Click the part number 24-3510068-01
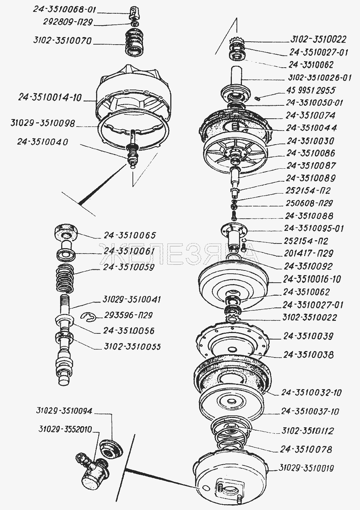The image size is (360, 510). click(65, 10)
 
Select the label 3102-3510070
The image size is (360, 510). click(62, 41)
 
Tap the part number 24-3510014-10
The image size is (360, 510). click(50, 97)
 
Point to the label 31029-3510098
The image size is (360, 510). click(42, 123)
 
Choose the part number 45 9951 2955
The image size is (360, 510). click(311, 90)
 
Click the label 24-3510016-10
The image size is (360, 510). click(312, 279)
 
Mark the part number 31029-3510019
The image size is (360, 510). click(306, 468)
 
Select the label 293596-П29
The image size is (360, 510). click(128, 315)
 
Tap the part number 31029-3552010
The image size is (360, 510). click(65, 429)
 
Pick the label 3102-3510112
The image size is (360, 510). click(307, 431)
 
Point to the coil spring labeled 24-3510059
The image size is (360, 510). click(65, 278)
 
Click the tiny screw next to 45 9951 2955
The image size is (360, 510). click(257, 98)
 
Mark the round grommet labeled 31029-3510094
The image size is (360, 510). click(111, 448)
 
